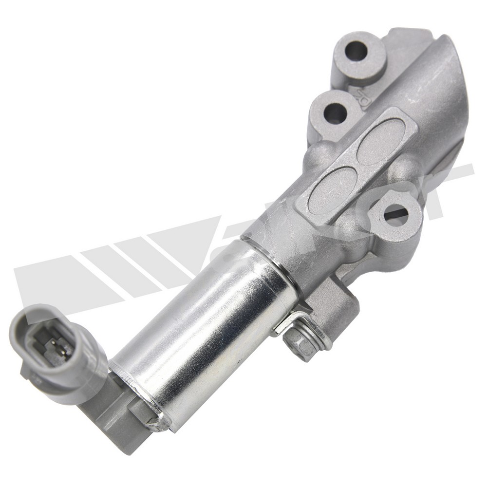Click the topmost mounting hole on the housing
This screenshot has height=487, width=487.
[x=356, y=50]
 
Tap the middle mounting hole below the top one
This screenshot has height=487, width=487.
[x=335, y=113]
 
